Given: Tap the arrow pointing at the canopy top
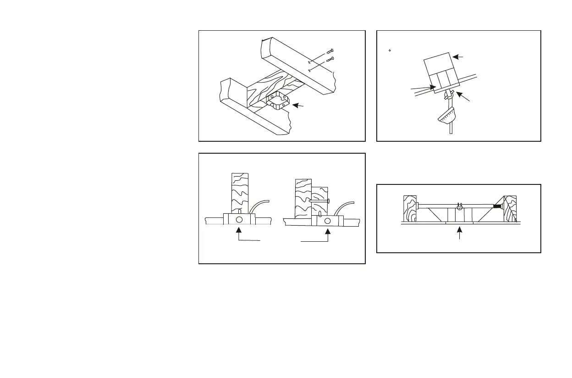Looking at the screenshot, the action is click(x=458, y=57).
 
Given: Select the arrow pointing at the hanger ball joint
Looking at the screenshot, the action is click(x=462, y=97).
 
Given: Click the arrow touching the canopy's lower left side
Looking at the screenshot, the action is click(x=422, y=87).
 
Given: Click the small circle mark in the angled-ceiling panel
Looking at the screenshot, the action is click(x=389, y=50).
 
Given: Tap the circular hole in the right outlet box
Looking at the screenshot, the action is click(x=327, y=221).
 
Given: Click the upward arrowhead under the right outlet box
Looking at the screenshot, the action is click(x=327, y=233).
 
